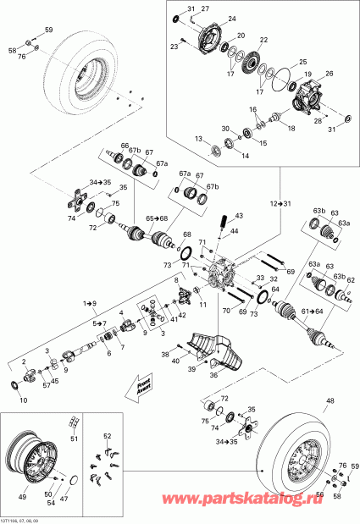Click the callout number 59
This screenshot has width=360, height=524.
pos(48,30)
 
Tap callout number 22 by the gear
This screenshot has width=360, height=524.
pos(263,40)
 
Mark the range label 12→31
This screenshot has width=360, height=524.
pos(281,204)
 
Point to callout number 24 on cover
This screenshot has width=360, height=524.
pos(230,18)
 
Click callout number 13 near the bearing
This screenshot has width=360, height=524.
pos(197,139)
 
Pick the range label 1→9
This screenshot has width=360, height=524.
pos(91,302)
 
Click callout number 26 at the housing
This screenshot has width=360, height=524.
pos(330,73)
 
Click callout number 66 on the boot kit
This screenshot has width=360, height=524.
pos(125,146)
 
